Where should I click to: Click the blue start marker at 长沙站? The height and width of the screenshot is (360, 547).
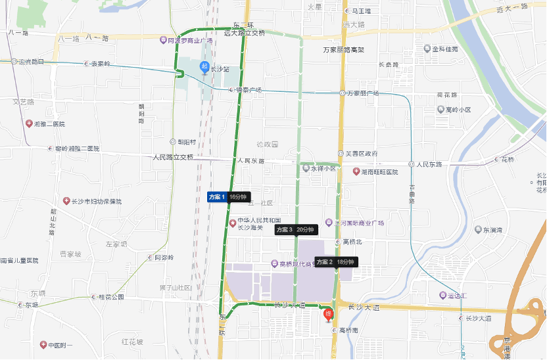pyautogui.click(x=204, y=67)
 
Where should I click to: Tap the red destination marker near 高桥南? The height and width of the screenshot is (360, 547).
pyautogui.click(x=329, y=315)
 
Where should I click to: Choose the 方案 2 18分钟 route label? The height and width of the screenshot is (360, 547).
pyautogui.click(x=335, y=261)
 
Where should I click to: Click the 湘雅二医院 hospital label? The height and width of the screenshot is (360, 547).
pyautogui.click(x=49, y=124)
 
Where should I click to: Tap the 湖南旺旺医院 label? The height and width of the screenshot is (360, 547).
pyautogui.click(x=379, y=171)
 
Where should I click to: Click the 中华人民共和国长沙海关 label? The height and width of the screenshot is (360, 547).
pyautogui.click(x=258, y=224)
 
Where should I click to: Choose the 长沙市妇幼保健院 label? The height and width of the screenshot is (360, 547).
pyautogui.click(x=97, y=201)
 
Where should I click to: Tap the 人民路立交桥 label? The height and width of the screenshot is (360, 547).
pyautogui.click(x=173, y=157)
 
